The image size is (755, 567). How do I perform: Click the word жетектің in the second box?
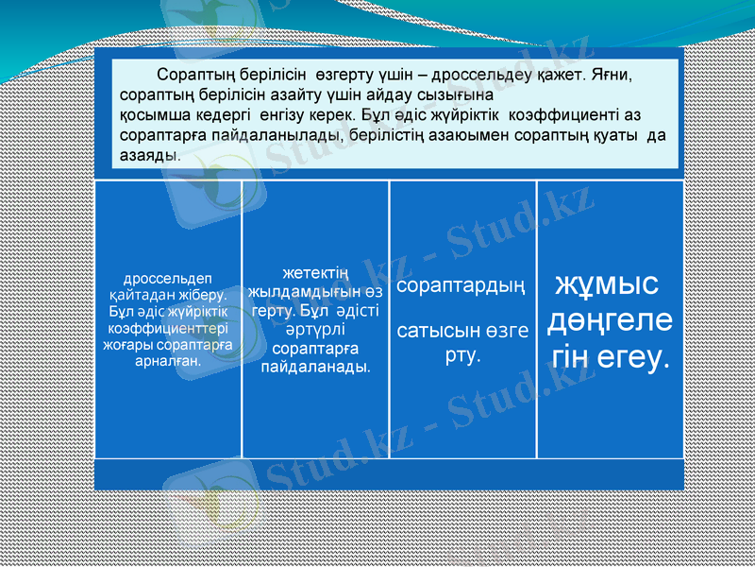coord(315,273)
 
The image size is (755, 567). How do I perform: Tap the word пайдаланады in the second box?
coord(315,365)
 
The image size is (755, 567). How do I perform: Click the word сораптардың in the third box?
coord(461,284)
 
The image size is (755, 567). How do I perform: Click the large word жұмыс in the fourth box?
coord(606,284)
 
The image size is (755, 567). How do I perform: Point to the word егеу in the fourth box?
coord(633,356)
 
